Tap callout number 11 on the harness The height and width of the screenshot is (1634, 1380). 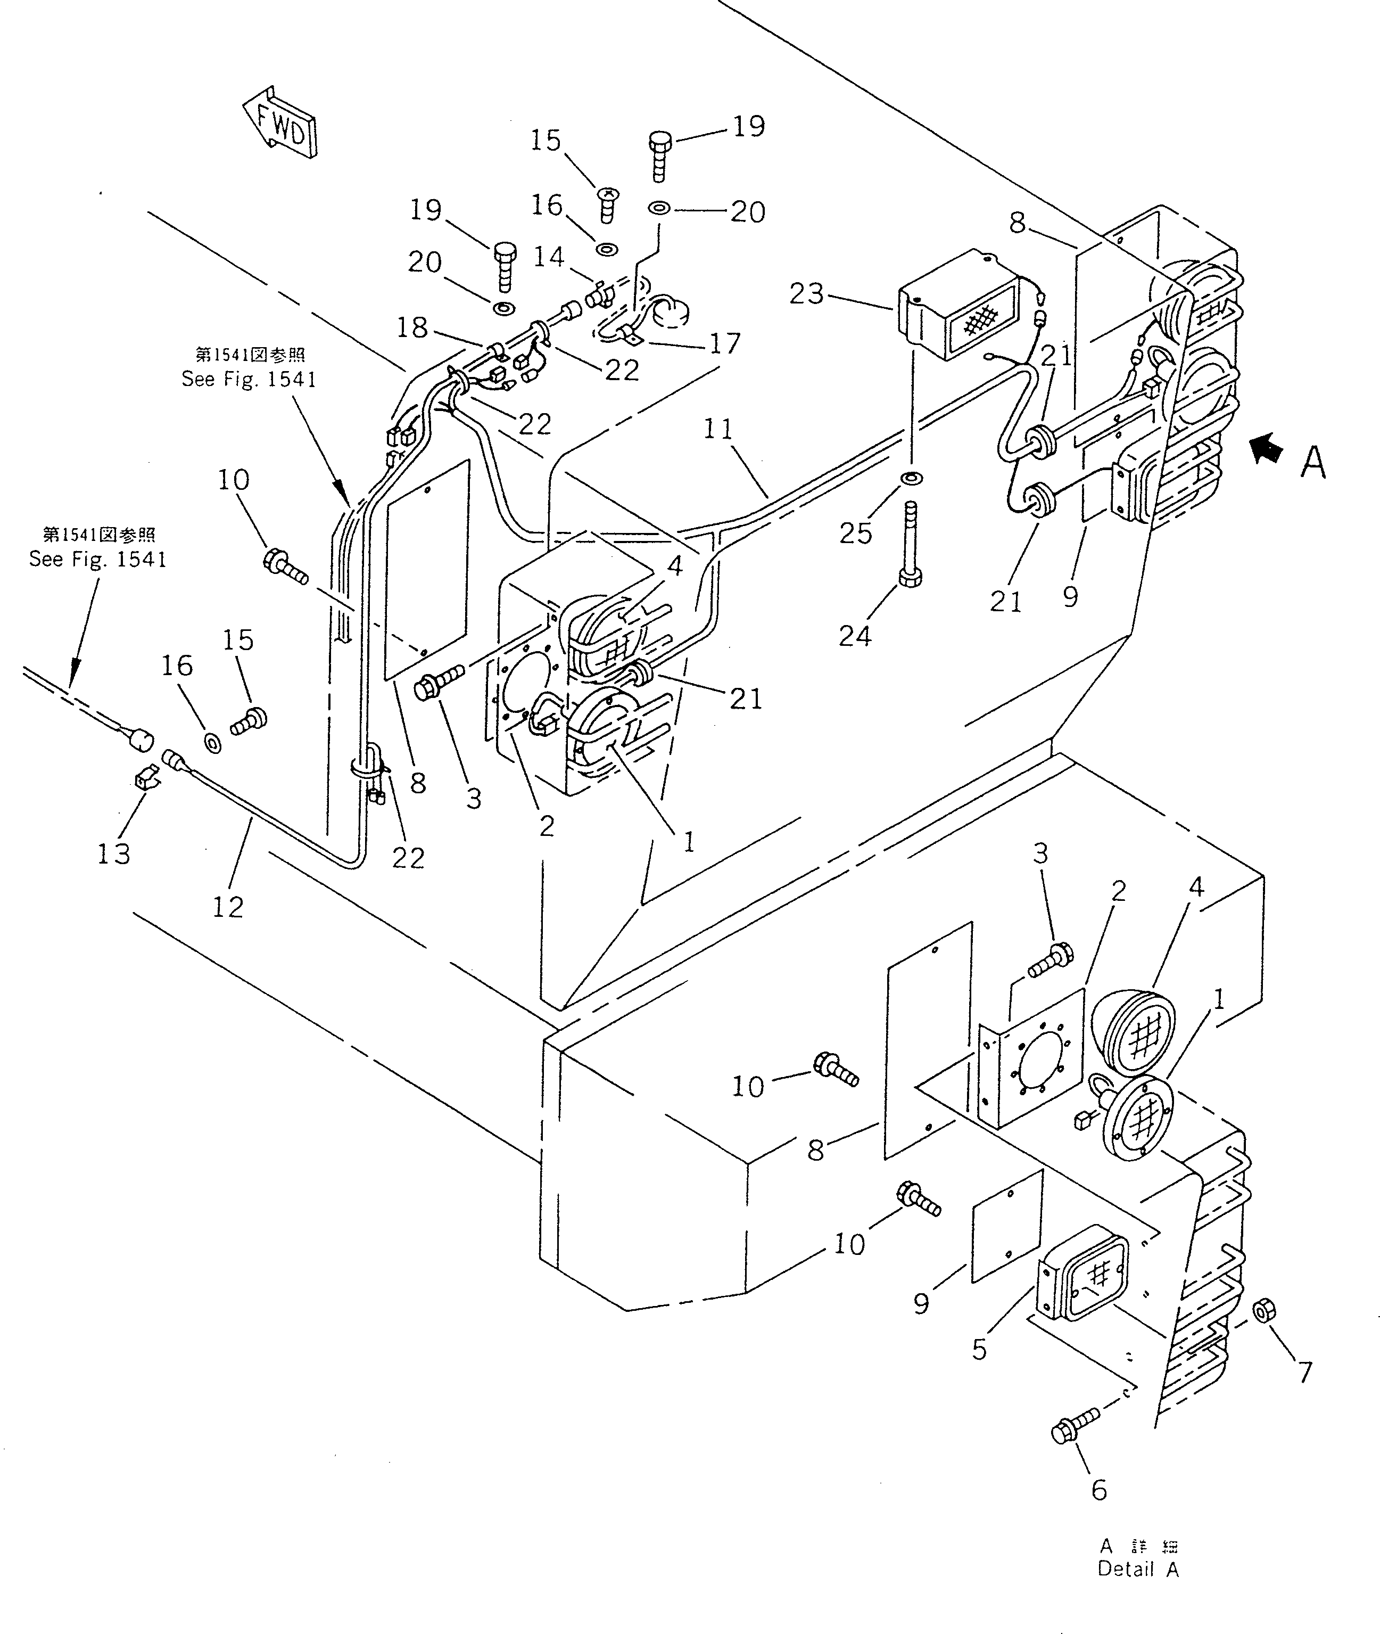tap(717, 430)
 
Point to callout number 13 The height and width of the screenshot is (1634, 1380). tap(113, 853)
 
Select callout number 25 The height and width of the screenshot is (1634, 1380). tap(855, 533)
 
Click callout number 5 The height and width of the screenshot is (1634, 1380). tap(979, 1350)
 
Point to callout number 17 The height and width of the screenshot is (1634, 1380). tap(724, 343)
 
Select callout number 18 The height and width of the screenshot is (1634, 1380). tap(412, 327)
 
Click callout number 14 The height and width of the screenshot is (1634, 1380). tap(548, 256)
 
